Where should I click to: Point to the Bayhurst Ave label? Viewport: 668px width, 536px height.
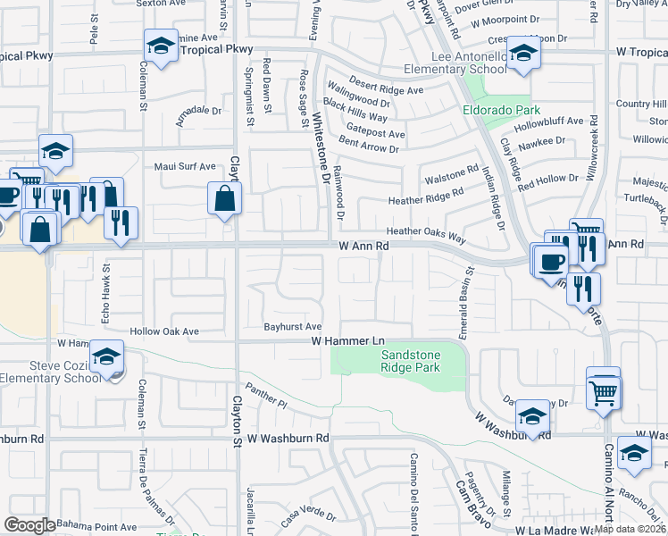pyautogui.click(x=292, y=326)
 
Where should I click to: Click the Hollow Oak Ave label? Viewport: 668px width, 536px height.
pyautogui.click(x=164, y=331)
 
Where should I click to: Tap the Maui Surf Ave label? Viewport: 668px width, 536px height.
pyautogui.click(x=185, y=166)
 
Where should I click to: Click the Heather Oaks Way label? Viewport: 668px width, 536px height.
pyautogui.click(x=426, y=230)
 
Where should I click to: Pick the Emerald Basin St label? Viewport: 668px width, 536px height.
pyautogui.click(x=464, y=299)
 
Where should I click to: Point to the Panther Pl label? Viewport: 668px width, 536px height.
pyautogui.click(x=268, y=398)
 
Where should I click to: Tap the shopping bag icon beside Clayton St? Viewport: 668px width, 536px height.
pyautogui.click(x=224, y=198)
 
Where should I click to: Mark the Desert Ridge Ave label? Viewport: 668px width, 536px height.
pyautogui.click(x=386, y=90)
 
